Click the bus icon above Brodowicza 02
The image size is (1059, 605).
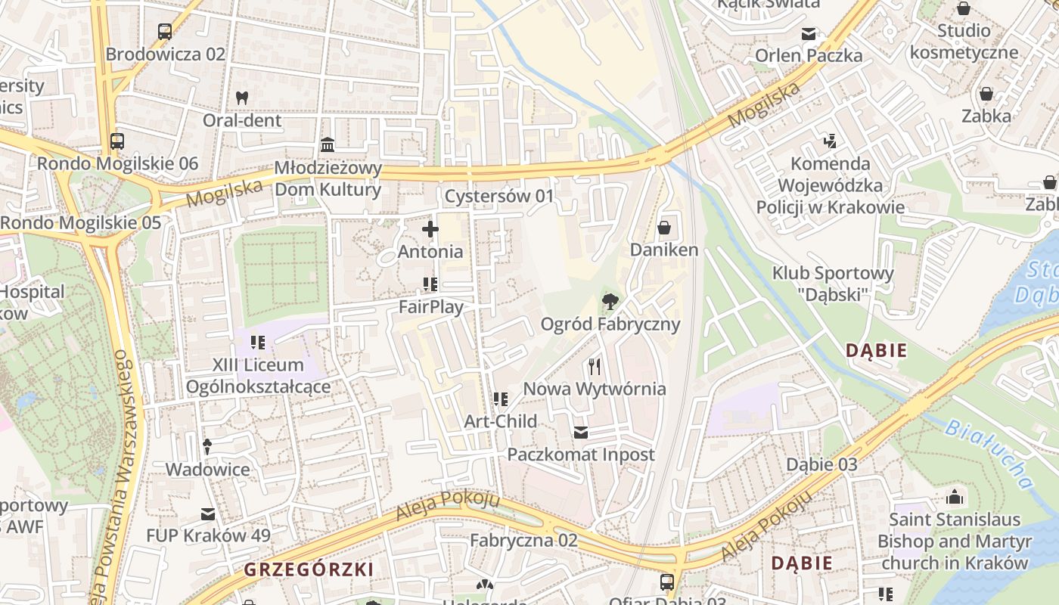pyautogui.click(x=165, y=32)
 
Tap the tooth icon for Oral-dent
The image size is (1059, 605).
pyautogui.click(x=242, y=98)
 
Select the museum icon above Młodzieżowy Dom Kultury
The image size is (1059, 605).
pyautogui.click(x=328, y=144)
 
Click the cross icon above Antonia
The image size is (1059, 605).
pyautogui.click(x=430, y=228)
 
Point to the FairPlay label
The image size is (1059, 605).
pyautogui.click(x=431, y=307)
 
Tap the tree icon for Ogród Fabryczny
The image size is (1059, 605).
pyautogui.click(x=609, y=302)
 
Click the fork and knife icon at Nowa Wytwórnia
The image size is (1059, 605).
pyautogui.click(x=595, y=367)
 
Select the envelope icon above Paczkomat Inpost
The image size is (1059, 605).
pyautogui.click(x=580, y=433)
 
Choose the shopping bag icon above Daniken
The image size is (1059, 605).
pyautogui.click(x=664, y=227)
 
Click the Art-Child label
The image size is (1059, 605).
pyautogui.click(x=501, y=421)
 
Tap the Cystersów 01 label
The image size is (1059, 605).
pyautogui.click(x=499, y=197)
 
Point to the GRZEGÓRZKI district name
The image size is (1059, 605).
pyautogui.click(x=309, y=569)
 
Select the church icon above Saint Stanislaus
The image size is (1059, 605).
pyautogui.click(x=955, y=498)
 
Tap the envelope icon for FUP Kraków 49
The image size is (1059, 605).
pyautogui.click(x=208, y=514)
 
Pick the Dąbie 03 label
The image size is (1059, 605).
pyautogui.click(x=821, y=464)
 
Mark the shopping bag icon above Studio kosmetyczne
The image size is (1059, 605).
pyautogui.click(x=964, y=8)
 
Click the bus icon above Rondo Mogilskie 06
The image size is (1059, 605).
pyautogui.click(x=117, y=141)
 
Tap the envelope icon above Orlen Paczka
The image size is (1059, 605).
pyautogui.click(x=809, y=33)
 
